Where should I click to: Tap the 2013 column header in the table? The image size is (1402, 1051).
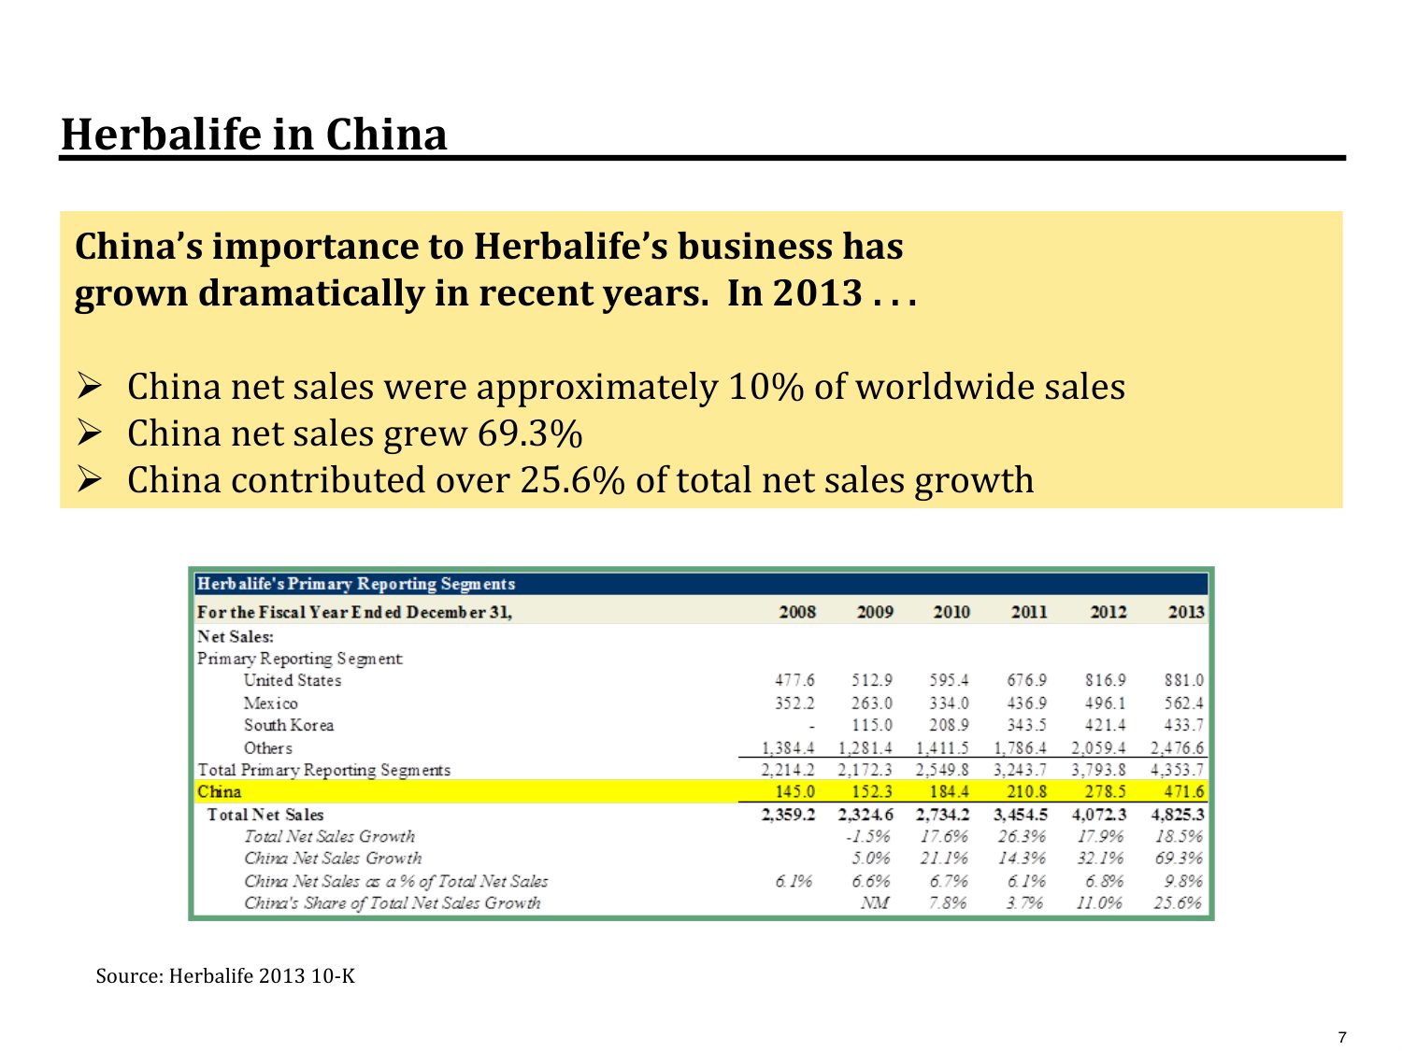[1185, 613]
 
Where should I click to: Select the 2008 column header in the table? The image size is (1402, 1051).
[797, 613]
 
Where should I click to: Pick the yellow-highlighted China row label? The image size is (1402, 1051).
[220, 792]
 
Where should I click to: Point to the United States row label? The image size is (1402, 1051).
[293, 681]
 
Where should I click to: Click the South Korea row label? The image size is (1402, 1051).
[289, 726]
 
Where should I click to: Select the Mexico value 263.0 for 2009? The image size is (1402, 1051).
[871, 703]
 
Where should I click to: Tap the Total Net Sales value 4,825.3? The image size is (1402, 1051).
[1177, 815]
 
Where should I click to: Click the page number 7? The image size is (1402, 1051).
[1343, 1037]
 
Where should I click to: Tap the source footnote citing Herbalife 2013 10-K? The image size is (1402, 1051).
[225, 977]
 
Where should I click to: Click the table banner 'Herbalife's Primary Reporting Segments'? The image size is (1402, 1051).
[356, 585]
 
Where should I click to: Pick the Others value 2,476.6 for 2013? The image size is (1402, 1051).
[1177, 748]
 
